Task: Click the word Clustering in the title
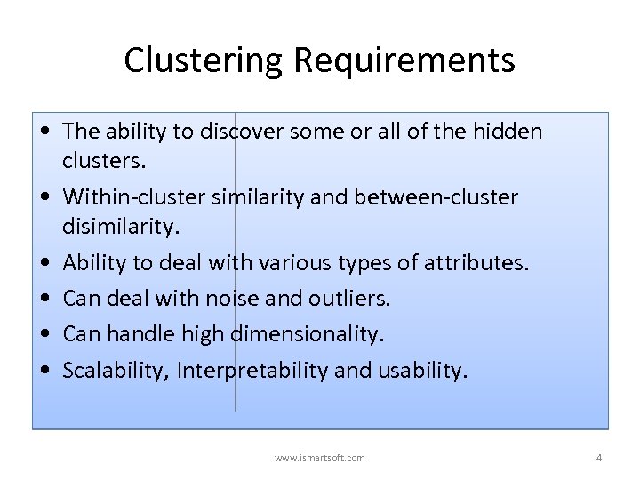204,60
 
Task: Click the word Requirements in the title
404,60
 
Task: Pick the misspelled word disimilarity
121,227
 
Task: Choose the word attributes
474,263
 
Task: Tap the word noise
259,299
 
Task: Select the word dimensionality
308,334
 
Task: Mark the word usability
421,370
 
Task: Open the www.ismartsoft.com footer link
320,458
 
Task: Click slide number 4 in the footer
598,458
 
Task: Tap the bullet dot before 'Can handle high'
44,335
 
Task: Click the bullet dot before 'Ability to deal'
44,264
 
